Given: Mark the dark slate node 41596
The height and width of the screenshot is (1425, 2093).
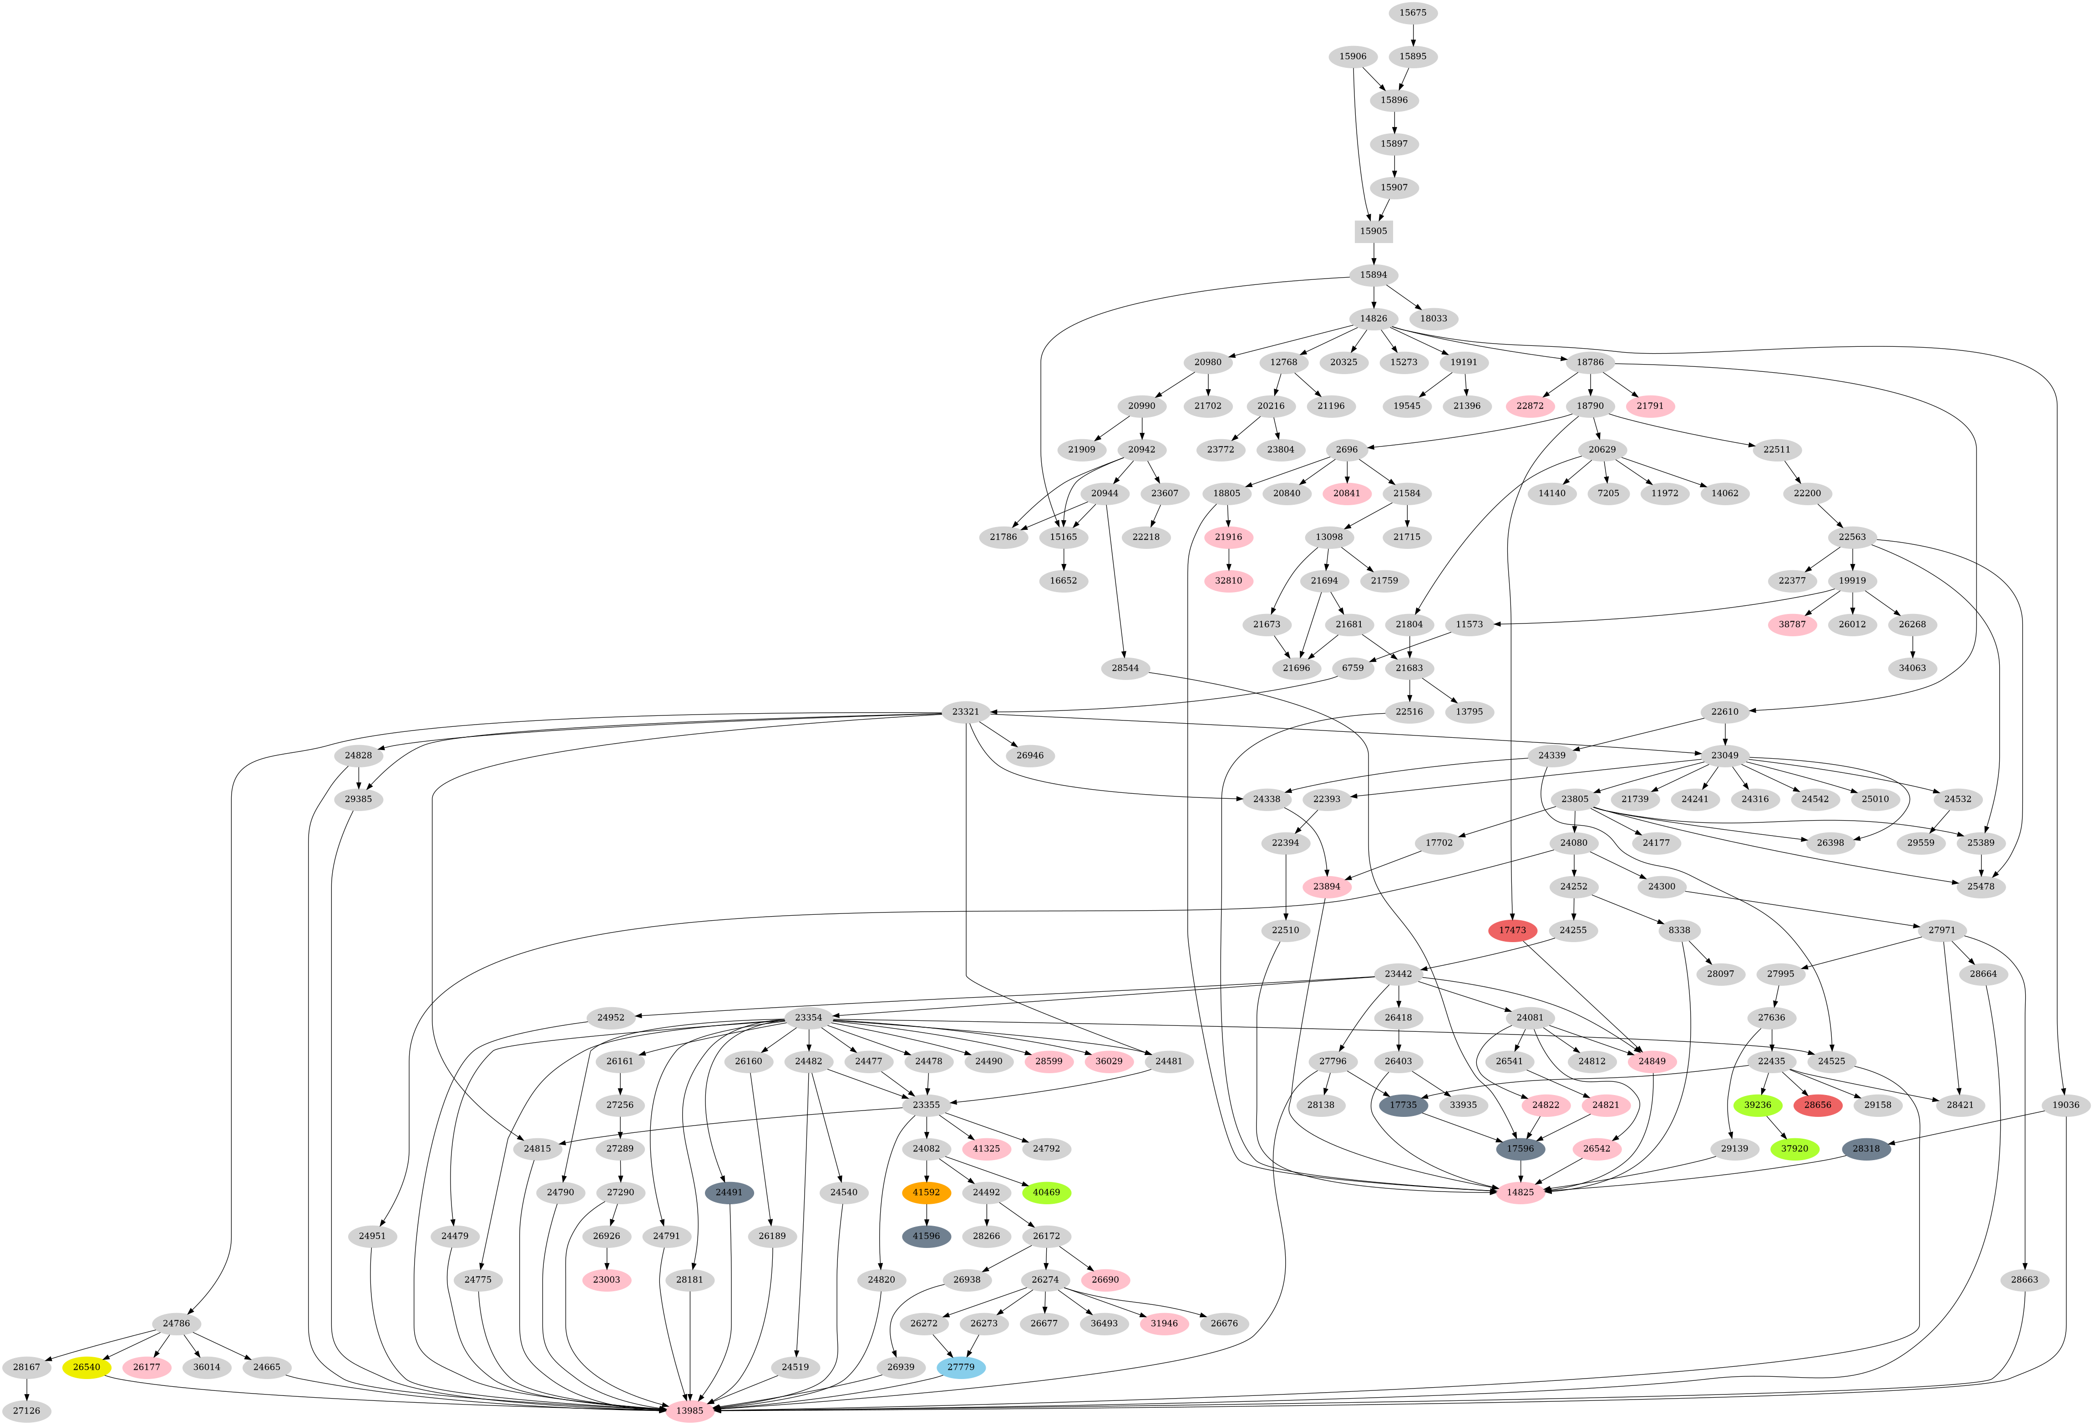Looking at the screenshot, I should pos(926,1236).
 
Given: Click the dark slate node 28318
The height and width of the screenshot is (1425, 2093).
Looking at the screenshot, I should pos(1866,1148).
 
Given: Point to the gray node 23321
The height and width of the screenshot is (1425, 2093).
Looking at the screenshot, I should pos(965,712).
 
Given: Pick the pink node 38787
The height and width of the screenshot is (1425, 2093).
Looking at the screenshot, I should pos(1792,624).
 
